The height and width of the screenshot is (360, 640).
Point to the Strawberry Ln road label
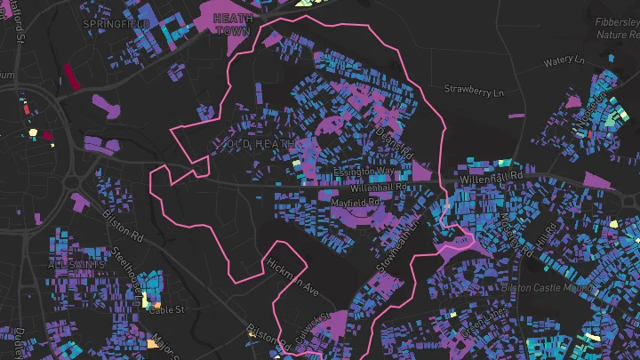(x=474, y=91)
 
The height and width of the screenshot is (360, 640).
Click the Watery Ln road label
(x=564, y=62)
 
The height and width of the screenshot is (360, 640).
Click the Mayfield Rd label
(x=355, y=203)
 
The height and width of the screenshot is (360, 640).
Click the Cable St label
(x=165, y=309)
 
